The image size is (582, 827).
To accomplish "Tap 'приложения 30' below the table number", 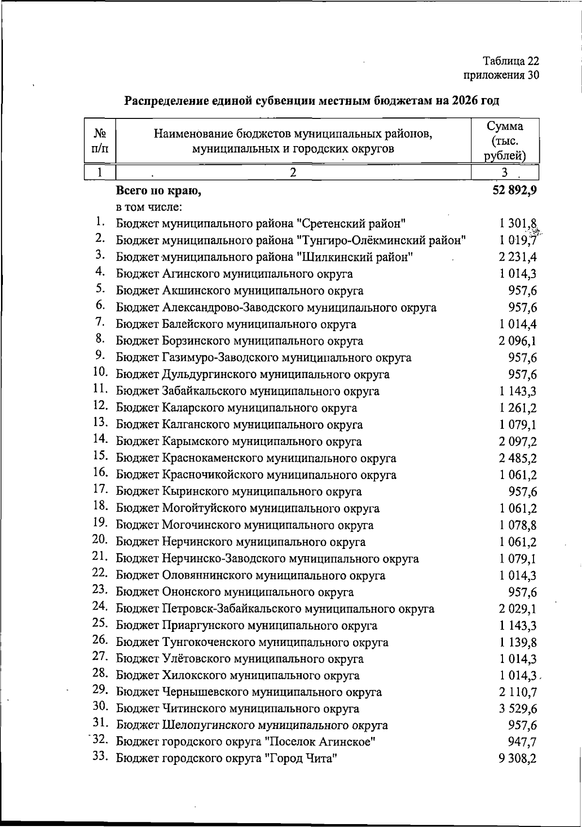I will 501,75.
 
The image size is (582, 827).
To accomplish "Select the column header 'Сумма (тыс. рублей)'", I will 505,141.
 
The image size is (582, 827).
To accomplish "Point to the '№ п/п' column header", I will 99,141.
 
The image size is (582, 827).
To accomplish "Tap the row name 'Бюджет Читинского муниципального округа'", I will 238,709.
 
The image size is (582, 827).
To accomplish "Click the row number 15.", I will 100,456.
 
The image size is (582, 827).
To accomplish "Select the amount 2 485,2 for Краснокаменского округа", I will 517,459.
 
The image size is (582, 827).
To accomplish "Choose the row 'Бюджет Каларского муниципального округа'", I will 236,408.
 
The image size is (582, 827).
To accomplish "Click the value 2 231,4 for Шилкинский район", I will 517,257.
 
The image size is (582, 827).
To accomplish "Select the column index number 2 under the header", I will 293,172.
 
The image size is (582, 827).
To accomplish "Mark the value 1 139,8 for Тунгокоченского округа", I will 517,643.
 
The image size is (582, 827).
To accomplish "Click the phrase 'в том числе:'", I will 149,207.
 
